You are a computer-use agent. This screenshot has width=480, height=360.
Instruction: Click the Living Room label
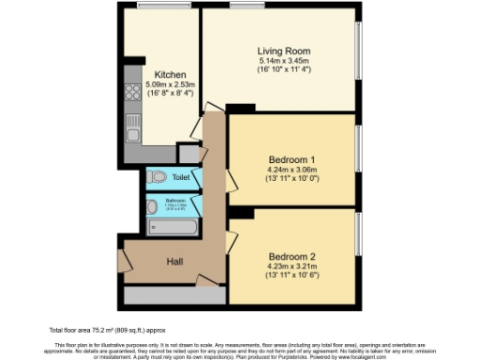[283, 51]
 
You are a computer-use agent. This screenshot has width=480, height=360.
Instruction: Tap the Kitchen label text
[171, 75]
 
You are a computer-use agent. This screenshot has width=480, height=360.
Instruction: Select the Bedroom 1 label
[292, 158]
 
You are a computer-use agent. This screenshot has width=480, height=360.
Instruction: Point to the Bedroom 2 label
[292, 257]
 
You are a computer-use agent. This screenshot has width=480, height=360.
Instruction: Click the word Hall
[174, 262]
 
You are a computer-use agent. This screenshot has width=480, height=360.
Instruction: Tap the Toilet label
[180, 176]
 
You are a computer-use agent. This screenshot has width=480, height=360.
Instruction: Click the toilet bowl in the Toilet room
[157, 176]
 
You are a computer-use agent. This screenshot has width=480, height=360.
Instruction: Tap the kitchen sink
[129, 122]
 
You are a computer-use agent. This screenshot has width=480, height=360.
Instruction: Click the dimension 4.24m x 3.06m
[292, 169]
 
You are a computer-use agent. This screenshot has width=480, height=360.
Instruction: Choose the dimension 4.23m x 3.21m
[292, 267]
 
